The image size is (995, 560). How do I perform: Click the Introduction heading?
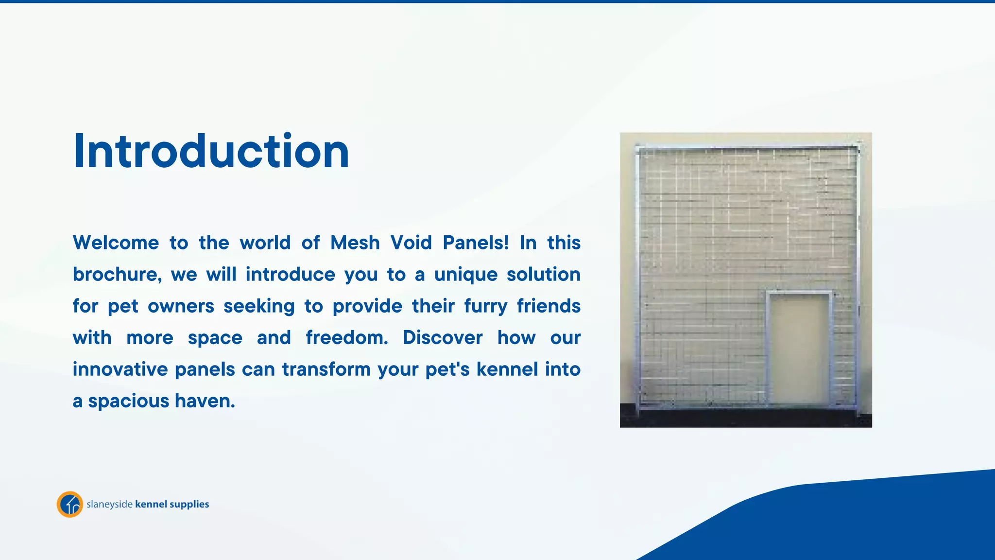[x=211, y=151]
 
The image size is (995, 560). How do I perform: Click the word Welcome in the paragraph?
[x=116, y=243]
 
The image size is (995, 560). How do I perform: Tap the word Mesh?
[x=355, y=243]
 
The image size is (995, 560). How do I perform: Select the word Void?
[x=411, y=243]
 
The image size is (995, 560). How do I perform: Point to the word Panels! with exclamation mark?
[x=476, y=243]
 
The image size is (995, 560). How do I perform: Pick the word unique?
[x=465, y=275]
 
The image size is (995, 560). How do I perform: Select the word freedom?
[x=346, y=338]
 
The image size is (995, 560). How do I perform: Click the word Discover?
[x=443, y=338]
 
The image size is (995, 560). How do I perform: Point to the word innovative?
[x=120, y=369]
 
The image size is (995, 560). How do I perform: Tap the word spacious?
[x=128, y=402]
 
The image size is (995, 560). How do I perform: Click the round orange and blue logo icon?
[x=70, y=504]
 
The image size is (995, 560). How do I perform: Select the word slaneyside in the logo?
[x=109, y=504]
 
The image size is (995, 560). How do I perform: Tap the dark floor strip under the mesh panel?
[x=745, y=418]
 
